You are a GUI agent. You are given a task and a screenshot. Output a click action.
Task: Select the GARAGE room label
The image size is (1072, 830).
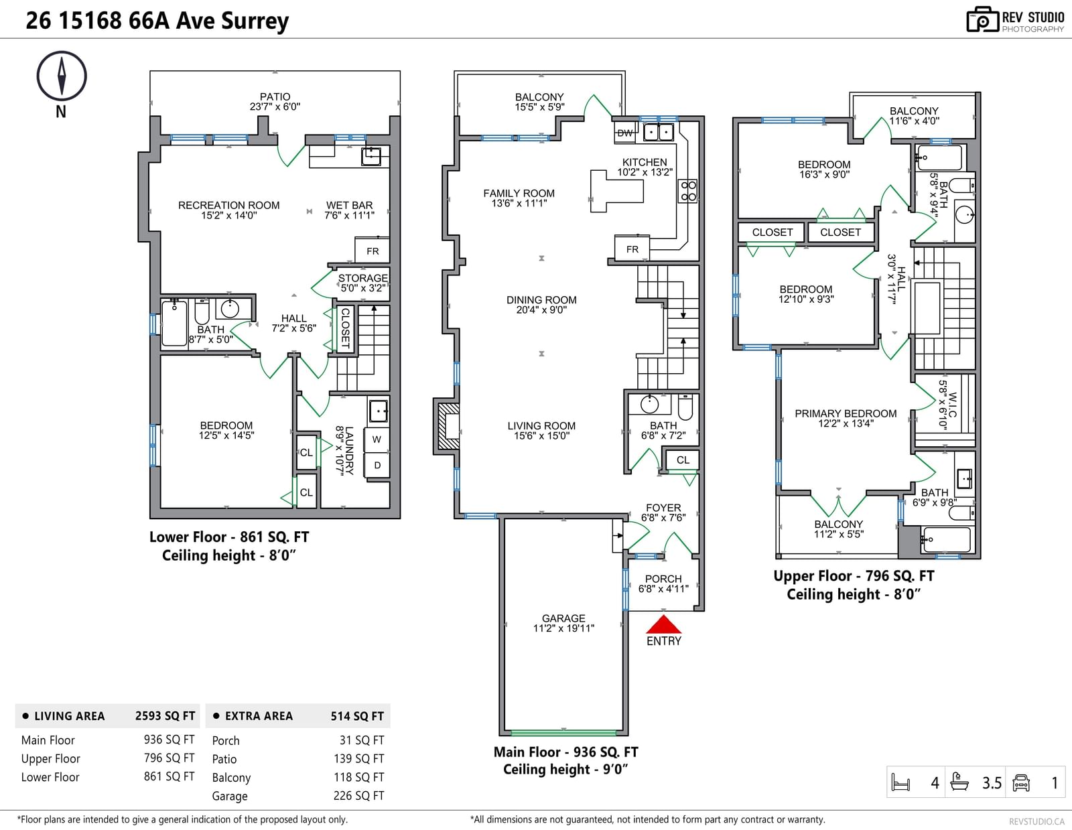tap(563, 618)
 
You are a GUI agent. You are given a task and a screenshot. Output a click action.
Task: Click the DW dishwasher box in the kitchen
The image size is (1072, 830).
tap(624, 133)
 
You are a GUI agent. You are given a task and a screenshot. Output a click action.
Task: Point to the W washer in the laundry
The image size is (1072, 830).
tap(377, 439)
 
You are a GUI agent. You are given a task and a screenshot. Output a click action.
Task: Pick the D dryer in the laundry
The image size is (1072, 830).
tap(377, 465)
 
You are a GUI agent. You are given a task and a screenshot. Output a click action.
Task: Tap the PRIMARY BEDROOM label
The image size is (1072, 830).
tap(846, 414)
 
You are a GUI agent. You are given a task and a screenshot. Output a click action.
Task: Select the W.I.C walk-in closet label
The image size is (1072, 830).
tap(953, 405)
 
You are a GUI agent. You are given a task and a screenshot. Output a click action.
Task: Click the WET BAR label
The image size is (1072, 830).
tap(349, 205)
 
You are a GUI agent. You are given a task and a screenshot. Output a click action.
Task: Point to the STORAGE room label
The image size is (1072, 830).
tap(363, 278)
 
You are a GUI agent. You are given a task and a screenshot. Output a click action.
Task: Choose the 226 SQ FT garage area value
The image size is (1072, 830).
tap(358, 795)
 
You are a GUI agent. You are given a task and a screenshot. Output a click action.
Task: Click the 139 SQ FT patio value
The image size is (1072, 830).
tap(358, 758)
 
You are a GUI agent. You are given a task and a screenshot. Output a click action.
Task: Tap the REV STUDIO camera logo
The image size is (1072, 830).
tap(983, 19)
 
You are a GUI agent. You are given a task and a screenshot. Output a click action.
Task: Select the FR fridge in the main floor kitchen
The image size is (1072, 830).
tap(632, 249)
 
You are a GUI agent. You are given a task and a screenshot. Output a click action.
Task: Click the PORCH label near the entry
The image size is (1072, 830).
tap(663, 579)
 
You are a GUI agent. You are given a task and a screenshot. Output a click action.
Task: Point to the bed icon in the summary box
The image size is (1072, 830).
tap(900, 782)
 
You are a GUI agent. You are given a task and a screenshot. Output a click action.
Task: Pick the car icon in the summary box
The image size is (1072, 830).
tap(1020, 782)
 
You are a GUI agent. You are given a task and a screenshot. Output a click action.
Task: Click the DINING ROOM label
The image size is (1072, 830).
tap(541, 300)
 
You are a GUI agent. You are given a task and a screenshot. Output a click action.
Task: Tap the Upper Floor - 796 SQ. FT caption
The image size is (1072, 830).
tap(854, 576)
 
